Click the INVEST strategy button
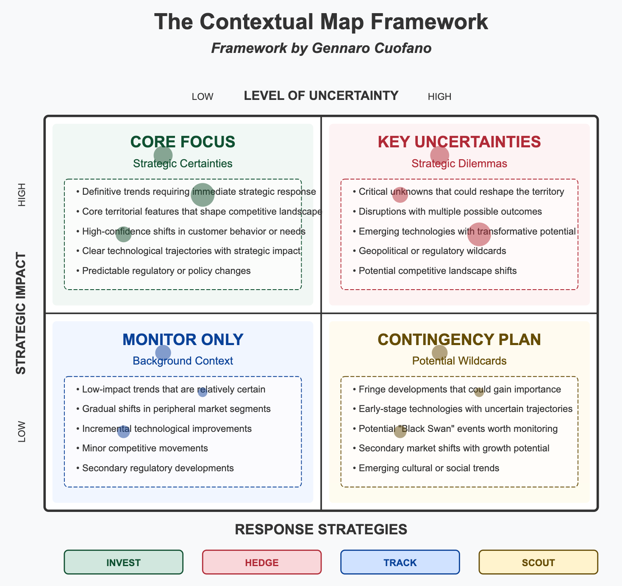(123, 562)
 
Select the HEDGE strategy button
(262, 562)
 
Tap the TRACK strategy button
(400, 562)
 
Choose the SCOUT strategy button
(538, 562)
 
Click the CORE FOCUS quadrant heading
(183, 142)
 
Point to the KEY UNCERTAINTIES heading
(459, 142)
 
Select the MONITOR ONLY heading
(183, 340)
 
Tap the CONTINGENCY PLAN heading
(459, 340)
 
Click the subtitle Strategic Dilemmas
(459, 163)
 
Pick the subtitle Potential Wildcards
(459, 361)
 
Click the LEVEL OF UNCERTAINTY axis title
(321, 96)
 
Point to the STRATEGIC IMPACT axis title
(21, 313)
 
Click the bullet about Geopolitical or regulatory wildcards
(432, 251)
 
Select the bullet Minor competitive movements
(145, 448)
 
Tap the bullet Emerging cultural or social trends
(429, 468)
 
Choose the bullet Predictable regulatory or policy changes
(166, 271)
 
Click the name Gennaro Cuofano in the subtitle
(372, 48)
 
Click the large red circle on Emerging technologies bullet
(479, 234)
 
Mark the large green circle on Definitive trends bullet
(203, 195)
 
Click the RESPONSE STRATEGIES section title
(321, 529)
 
